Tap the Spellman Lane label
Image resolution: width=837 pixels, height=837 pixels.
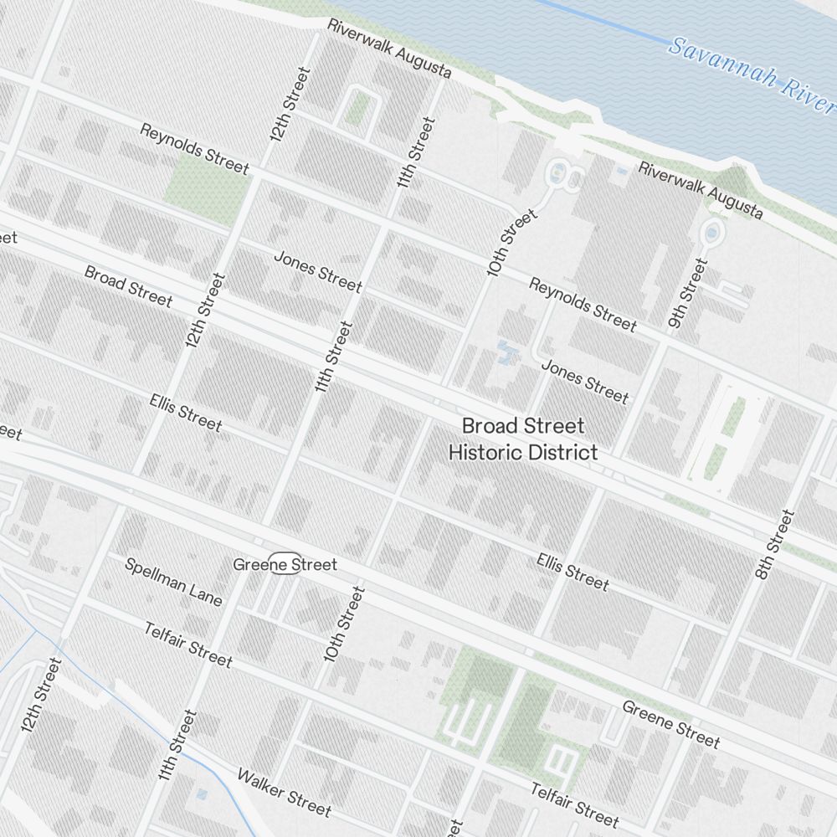point(173,581)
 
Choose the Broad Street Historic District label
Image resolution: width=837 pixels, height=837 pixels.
point(523,439)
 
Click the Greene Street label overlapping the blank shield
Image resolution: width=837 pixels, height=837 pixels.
point(285,565)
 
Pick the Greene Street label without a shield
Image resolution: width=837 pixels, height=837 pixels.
point(670,724)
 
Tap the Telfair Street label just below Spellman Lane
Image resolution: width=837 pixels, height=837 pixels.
point(187,644)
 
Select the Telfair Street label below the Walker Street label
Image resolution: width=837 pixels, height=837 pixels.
point(574,804)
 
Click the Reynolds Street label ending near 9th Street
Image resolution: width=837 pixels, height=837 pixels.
point(582,304)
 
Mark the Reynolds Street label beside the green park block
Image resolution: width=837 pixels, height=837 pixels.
point(194,149)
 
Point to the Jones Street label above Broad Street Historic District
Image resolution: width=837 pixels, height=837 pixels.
point(584,380)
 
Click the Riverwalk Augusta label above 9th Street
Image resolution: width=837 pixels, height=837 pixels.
point(701,190)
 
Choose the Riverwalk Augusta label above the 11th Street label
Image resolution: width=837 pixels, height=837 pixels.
point(389,49)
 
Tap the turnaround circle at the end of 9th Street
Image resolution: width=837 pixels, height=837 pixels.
point(712,233)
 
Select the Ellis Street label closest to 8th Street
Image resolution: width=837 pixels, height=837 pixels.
point(573,570)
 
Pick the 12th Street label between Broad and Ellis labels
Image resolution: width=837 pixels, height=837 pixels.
point(205,311)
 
